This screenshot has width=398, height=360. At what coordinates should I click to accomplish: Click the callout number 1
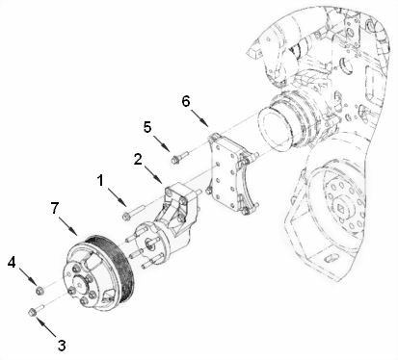(x=101, y=179)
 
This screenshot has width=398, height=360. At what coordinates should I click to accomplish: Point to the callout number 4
(x=12, y=261)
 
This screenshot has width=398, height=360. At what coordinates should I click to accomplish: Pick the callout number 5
(x=148, y=125)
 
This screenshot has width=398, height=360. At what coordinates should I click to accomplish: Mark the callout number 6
(x=187, y=99)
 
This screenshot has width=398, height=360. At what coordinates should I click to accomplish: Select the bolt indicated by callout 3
(x=36, y=310)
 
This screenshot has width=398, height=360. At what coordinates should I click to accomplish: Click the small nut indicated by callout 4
(x=38, y=288)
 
